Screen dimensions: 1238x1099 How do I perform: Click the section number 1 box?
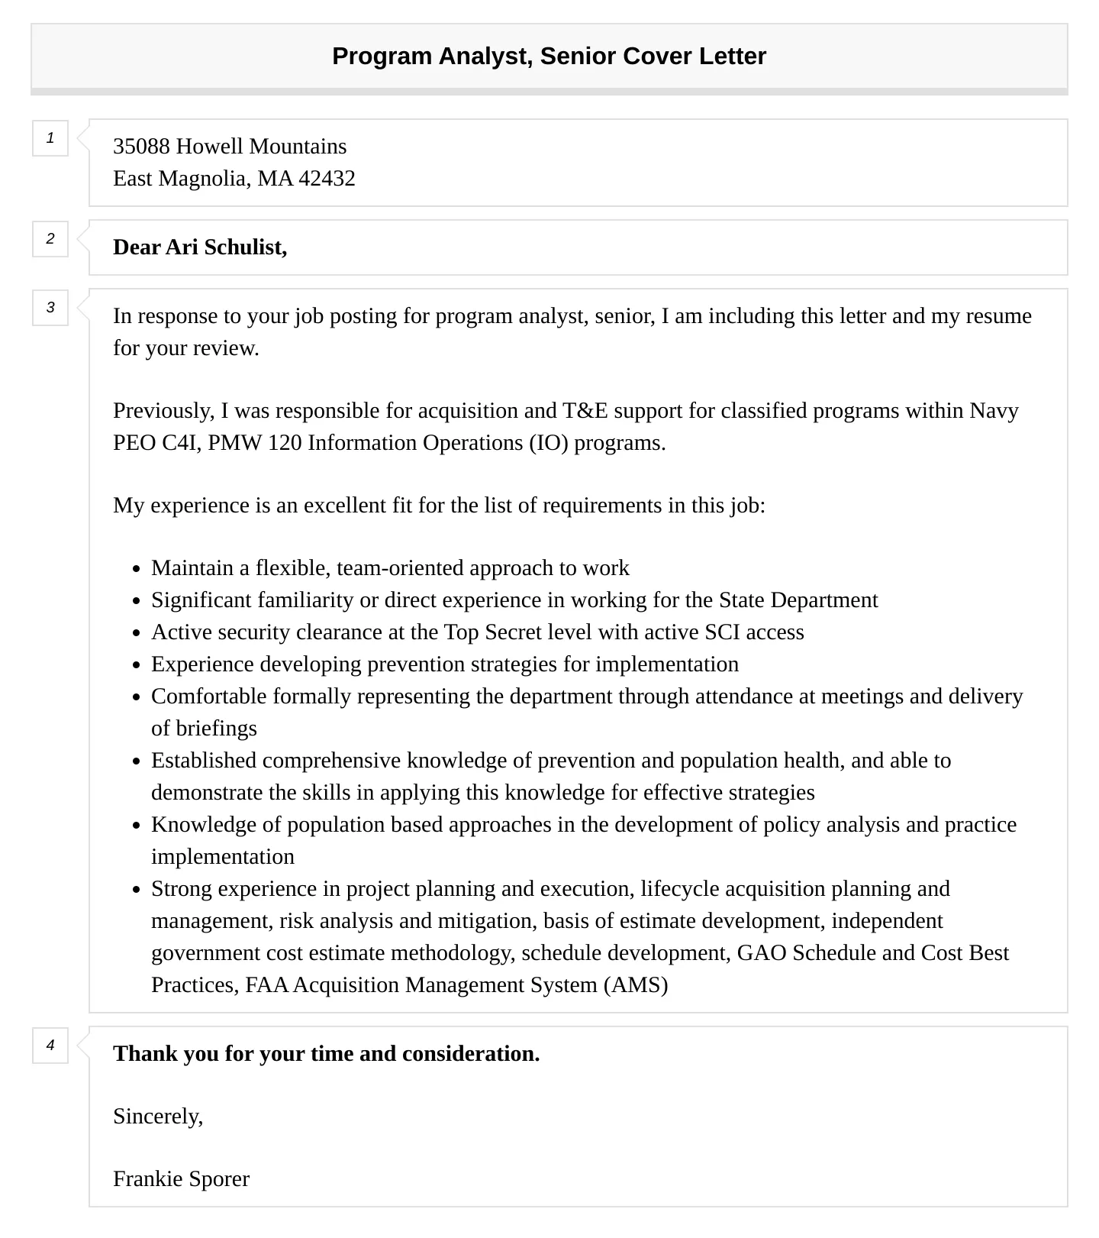(x=50, y=138)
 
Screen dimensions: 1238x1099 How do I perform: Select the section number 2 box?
(x=50, y=239)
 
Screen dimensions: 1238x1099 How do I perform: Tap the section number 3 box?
(x=50, y=308)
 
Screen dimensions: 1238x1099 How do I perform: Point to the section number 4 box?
(x=50, y=1046)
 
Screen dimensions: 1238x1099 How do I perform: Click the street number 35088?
(x=141, y=147)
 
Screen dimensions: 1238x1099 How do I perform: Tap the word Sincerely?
(x=157, y=1117)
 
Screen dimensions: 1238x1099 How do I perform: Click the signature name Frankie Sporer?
(x=181, y=1179)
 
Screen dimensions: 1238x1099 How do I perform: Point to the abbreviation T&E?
(x=585, y=411)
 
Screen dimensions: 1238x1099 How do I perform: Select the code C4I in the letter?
(x=180, y=443)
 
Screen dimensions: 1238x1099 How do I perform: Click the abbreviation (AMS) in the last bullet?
(x=636, y=985)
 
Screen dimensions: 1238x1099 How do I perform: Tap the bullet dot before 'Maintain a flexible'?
(x=137, y=569)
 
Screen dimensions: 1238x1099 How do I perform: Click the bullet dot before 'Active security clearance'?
(x=137, y=633)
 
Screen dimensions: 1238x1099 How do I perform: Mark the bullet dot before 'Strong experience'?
(x=137, y=890)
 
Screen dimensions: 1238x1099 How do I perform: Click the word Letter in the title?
(x=734, y=56)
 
